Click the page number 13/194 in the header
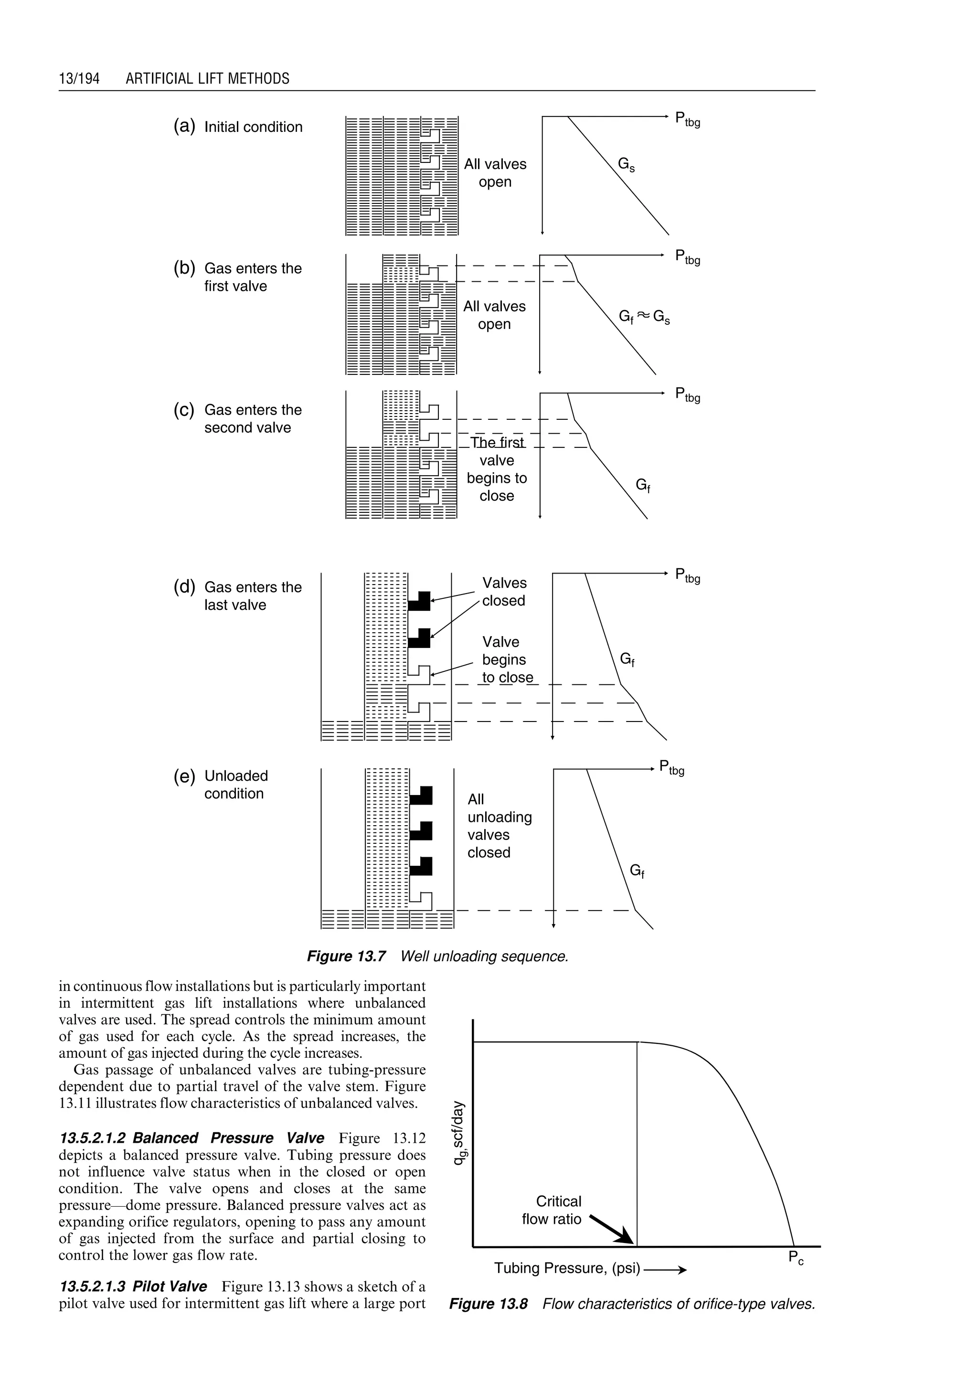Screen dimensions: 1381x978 click(x=79, y=79)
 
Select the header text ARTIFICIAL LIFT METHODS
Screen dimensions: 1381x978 click(x=207, y=79)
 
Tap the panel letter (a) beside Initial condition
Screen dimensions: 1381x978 click(x=184, y=127)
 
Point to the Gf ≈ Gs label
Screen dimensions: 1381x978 click(x=644, y=318)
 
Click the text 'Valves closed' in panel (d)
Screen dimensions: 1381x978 click(x=504, y=592)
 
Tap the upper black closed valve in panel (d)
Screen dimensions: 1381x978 click(x=420, y=602)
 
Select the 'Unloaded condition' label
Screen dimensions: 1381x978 click(x=236, y=784)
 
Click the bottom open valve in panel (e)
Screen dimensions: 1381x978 click(x=422, y=901)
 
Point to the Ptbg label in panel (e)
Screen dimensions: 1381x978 click(x=671, y=768)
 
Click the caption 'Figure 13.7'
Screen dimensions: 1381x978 click(x=346, y=956)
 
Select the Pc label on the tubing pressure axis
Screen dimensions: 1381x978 click(x=796, y=1258)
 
